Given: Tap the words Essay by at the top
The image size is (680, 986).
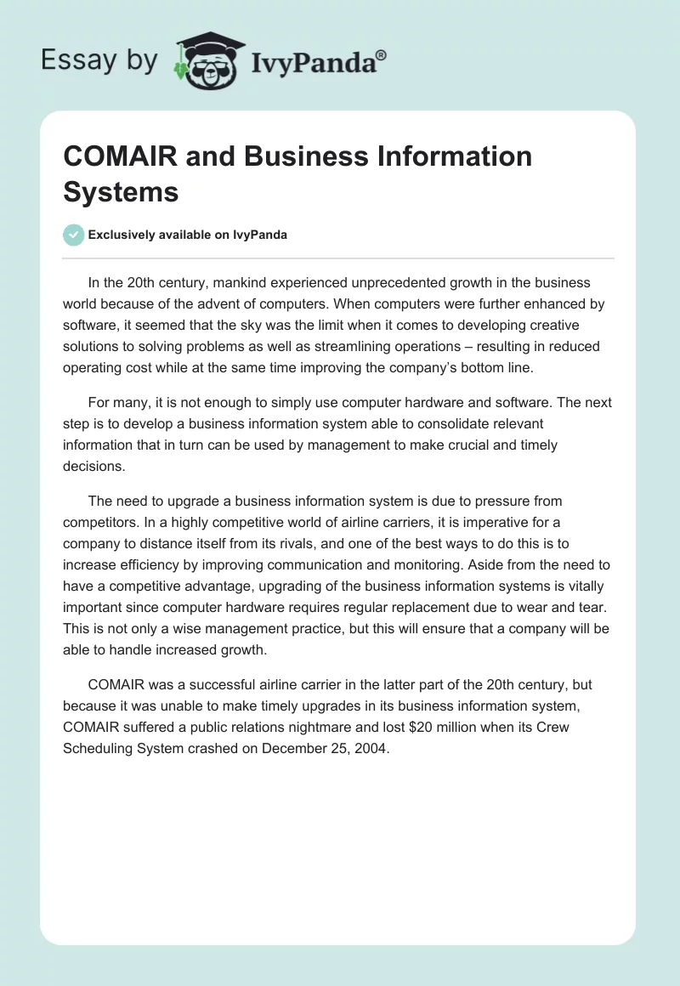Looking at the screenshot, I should point(99,59).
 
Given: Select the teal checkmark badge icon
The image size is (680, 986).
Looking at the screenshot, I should point(74,235).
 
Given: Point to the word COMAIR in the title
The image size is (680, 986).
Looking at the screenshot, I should point(117,156).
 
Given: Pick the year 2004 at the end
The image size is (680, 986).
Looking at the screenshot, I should point(371,749).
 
